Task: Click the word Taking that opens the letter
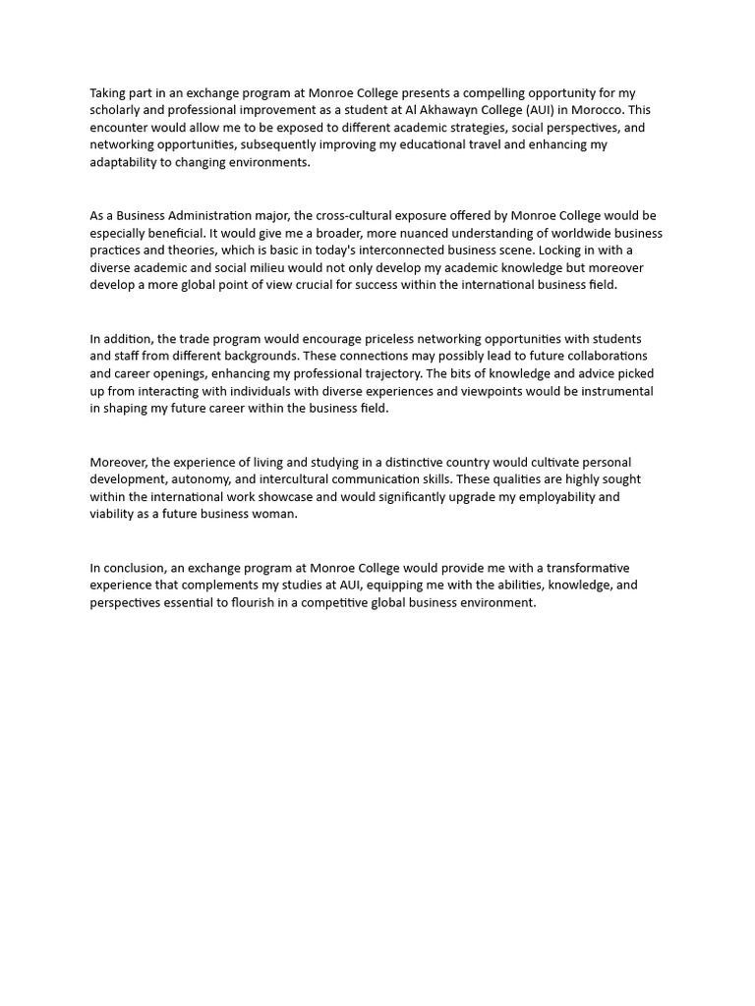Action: point(108,92)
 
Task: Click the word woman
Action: point(275,514)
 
